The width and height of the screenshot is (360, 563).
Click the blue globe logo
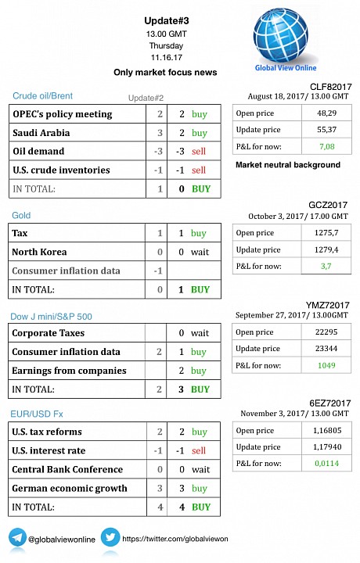click(x=281, y=34)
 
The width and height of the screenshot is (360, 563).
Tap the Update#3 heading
click(x=167, y=21)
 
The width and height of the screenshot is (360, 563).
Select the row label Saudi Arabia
click(x=41, y=133)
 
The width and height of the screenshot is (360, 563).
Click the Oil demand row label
click(x=38, y=151)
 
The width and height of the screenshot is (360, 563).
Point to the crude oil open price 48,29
click(x=326, y=113)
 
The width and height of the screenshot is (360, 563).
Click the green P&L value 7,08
click(x=327, y=146)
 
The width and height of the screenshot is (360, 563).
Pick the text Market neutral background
click(x=288, y=165)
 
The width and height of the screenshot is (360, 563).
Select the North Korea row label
click(x=39, y=252)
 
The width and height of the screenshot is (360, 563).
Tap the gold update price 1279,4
click(x=326, y=249)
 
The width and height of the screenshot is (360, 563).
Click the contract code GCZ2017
click(x=328, y=205)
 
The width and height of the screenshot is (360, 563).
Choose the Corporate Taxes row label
click(x=49, y=333)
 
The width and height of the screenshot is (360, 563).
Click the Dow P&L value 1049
click(x=326, y=365)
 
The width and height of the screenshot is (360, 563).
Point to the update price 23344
click(x=326, y=348)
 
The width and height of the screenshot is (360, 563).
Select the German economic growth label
click(x=70, y=488)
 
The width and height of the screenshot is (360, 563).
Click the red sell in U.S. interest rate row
click(x=199, y=450)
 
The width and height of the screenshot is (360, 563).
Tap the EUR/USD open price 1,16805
click(x=327, y=430)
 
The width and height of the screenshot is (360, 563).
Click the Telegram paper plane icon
click(x=17, y=537)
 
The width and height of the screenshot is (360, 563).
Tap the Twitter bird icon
click(x=110, y=537)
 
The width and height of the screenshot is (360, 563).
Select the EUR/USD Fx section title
click(x=37, y=414)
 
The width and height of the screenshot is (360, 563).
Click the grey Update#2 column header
click(x=146, y=98)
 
